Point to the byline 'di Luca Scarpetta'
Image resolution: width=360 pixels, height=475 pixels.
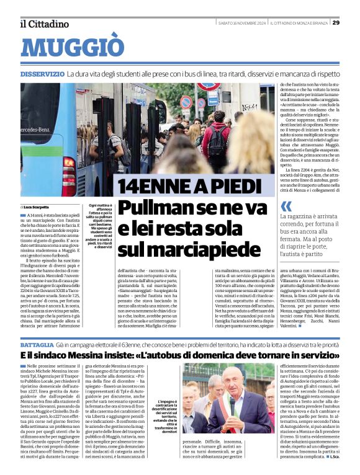pyautogui.click(x=35, y=206)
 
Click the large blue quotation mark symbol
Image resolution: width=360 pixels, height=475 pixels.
pyautogui.click(x=286, y=206)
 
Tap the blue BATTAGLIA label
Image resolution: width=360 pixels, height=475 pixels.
pyautogui.click(x=37, y=344)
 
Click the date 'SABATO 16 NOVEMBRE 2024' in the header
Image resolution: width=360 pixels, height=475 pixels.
pyautogui.click(x=242, y=23)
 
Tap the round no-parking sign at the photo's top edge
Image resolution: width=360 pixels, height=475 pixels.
pyautogui.click(x=186, y=101)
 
